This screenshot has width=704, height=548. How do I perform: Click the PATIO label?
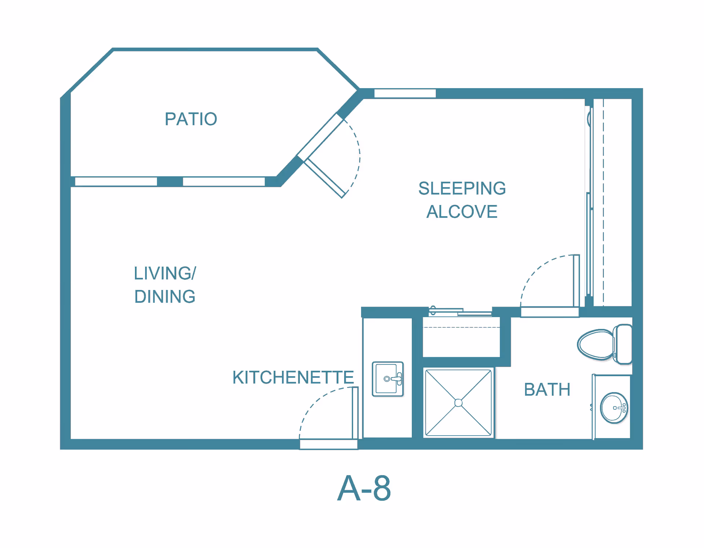coord(191,119)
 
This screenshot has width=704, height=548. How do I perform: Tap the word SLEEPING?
coord(462,188)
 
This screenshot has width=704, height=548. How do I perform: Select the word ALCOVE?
coord(462,211)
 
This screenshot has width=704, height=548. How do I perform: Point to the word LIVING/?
coord(165,273)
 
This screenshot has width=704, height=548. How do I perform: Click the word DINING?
coord(165,297)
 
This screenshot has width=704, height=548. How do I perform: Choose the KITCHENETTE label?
coord(293,377)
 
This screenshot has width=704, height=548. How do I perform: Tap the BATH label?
coord(547,389)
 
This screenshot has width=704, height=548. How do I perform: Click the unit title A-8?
coord(364,488)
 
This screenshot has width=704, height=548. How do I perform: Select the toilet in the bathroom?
coord(605,344)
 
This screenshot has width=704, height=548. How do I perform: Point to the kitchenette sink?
coord(388,379)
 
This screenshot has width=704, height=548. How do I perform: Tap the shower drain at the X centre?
coord(458,403)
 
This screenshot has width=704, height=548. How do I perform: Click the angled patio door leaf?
coord(325,178)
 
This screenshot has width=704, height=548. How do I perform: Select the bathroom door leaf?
coord(576,281)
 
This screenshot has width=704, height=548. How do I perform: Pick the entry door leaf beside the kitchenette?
coord(355,413)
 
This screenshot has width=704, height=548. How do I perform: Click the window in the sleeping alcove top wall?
coord(405,94)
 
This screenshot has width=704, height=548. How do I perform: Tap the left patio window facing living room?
coord(116,181)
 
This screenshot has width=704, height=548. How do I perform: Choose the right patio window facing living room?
coord(224,181)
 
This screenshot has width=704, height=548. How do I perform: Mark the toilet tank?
coord(623,344)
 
